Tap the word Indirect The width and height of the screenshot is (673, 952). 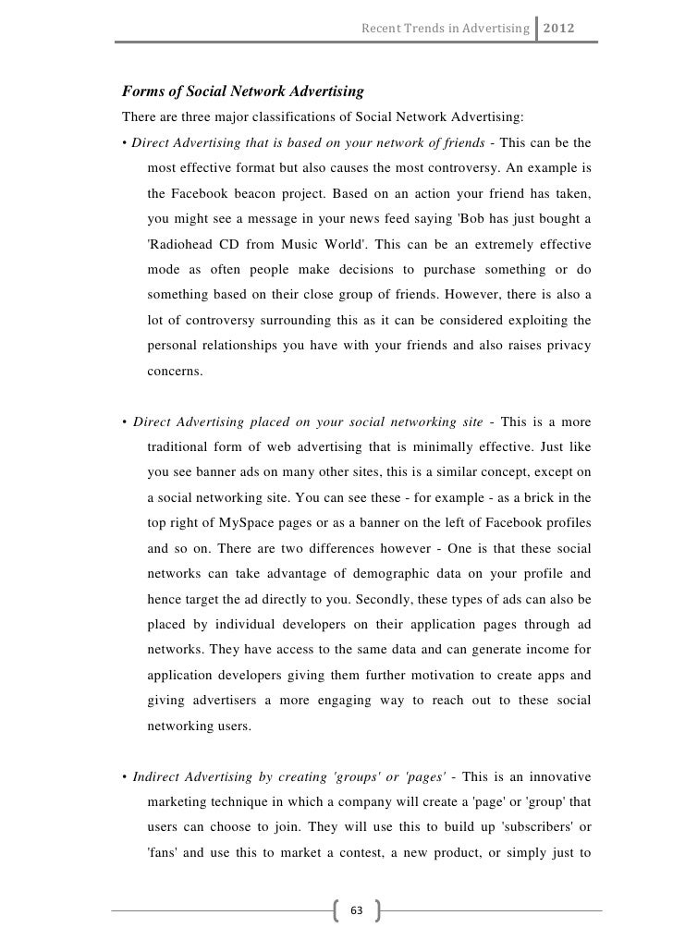(x=157, y=772)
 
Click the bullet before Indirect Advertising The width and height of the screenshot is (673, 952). (x=124, y=773)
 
